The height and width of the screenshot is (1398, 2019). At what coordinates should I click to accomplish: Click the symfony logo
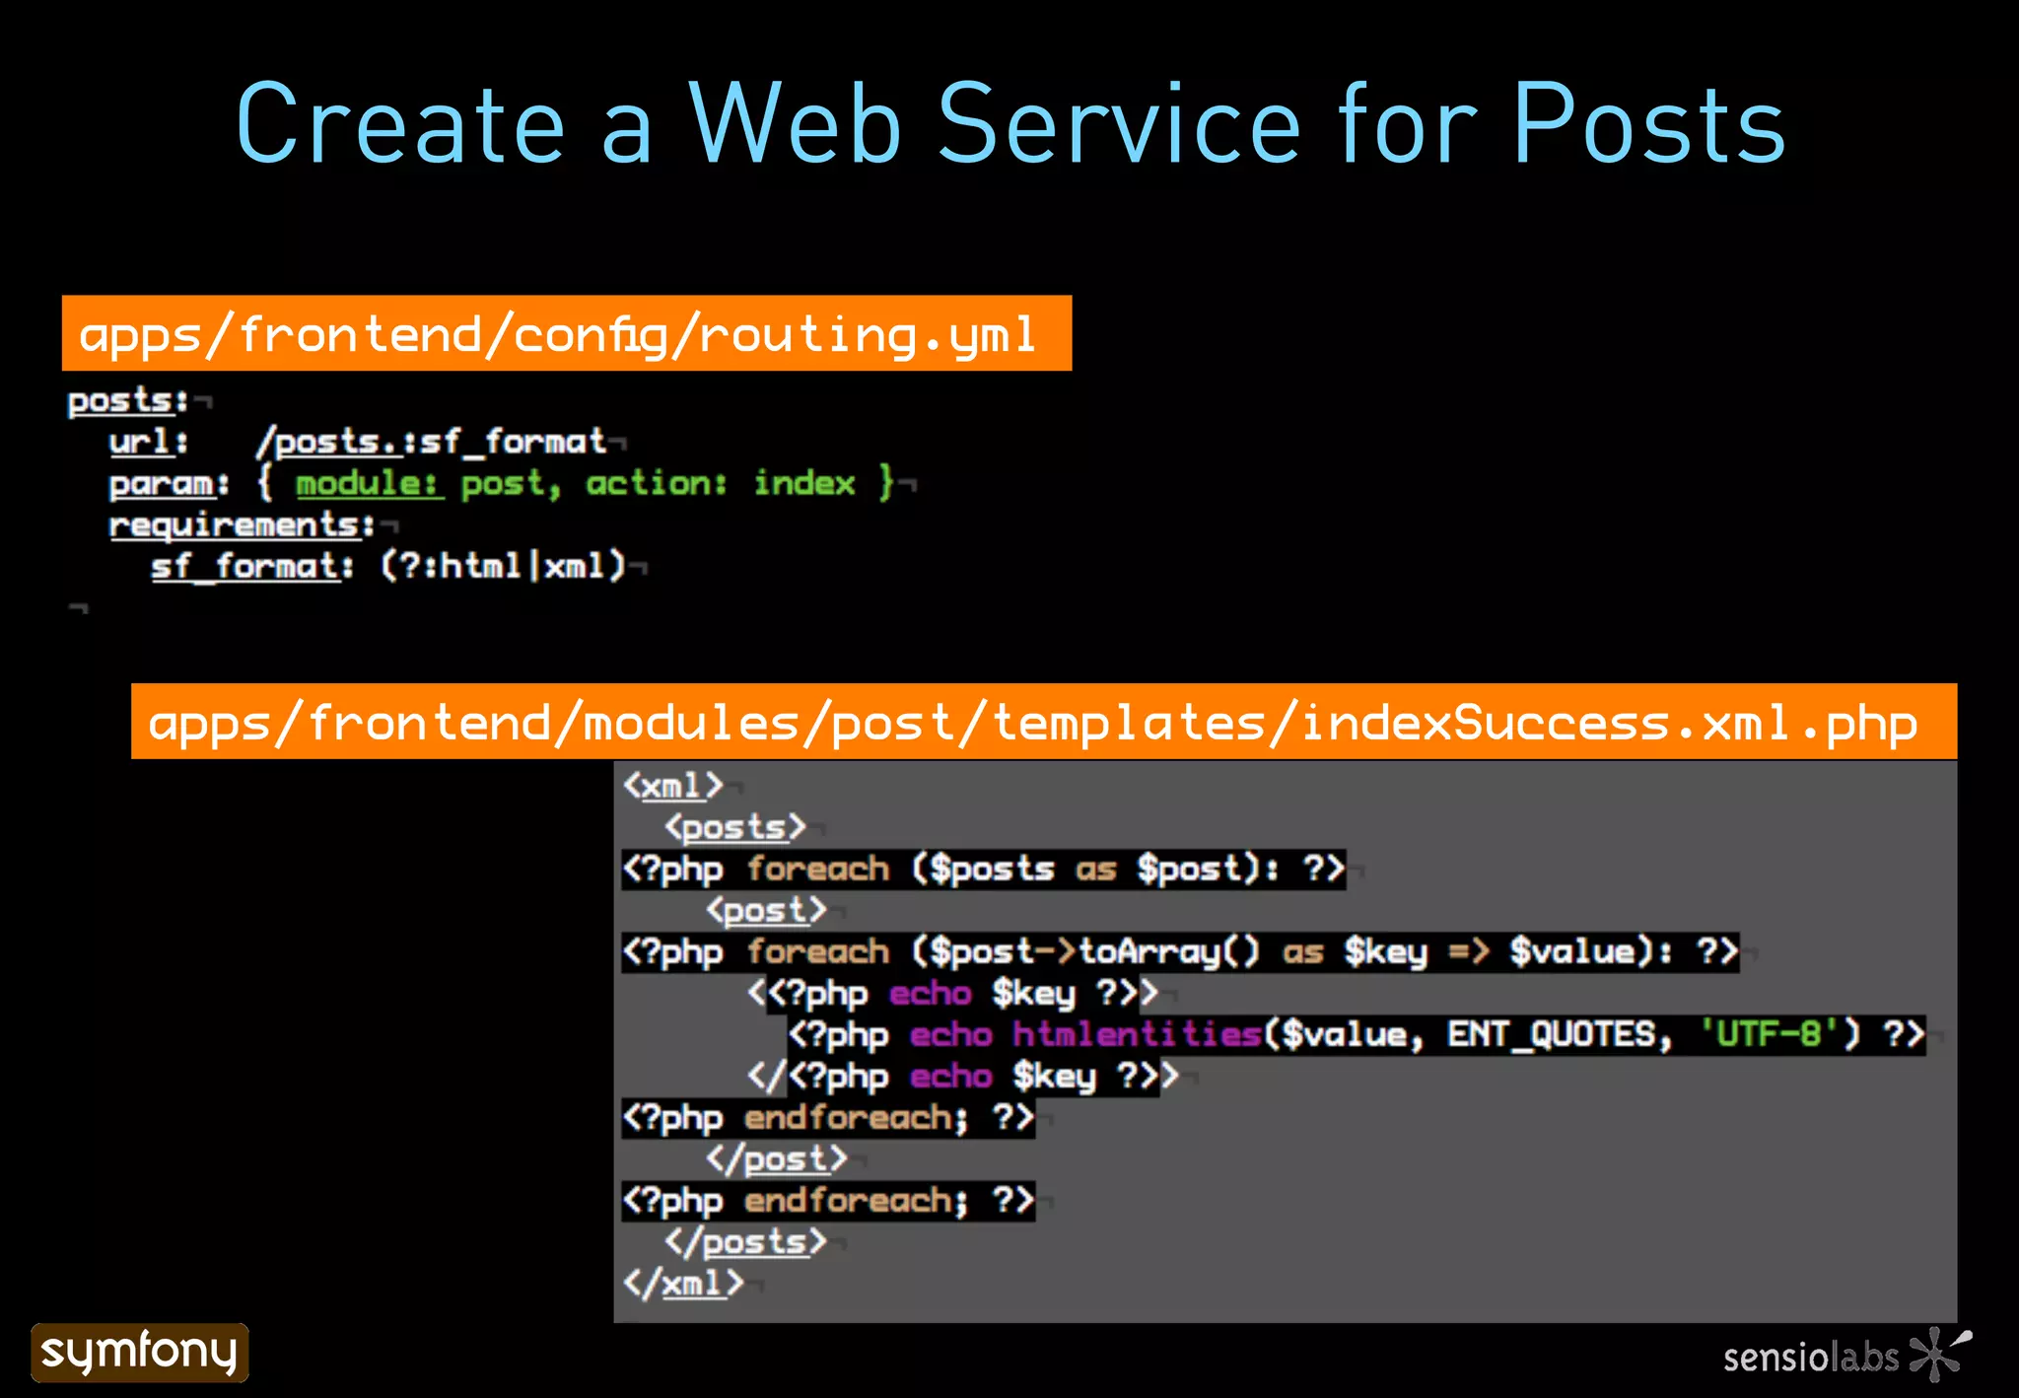coord(139,1352)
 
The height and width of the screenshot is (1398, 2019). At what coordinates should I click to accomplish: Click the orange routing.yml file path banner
coord(566,333)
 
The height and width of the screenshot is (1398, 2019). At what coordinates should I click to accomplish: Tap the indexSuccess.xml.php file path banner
coord(1043,722)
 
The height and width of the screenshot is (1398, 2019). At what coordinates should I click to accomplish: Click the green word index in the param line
coord(803,483)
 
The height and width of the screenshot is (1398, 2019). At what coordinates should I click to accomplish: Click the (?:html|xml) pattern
coord(503,566)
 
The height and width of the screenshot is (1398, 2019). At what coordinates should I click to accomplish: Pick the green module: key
coord(369,483)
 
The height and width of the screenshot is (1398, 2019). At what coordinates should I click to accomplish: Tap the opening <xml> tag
coord(672,786)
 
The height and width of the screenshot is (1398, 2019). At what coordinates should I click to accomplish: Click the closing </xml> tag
coord(682,1283)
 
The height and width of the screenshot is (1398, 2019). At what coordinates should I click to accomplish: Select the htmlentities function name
coord(1138,1034)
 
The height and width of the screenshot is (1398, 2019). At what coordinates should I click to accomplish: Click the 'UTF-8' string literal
coord(1769,1034)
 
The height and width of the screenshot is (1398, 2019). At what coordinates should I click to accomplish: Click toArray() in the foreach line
coord(1169,951)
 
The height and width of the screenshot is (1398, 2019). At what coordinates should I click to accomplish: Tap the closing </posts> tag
coord(745,1241)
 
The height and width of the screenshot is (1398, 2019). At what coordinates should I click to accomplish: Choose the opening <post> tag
coord(766,910)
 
